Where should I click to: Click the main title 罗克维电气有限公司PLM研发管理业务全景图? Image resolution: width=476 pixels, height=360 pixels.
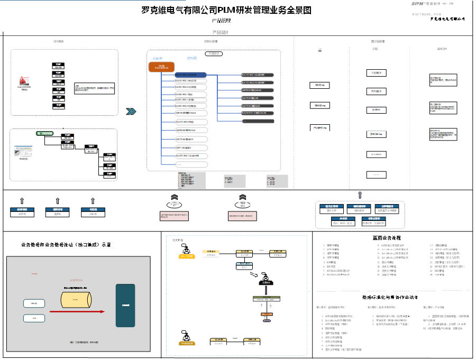(226, 10)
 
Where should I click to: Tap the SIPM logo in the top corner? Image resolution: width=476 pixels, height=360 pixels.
(421, 3)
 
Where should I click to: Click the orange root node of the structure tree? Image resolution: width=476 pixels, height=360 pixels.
(161, 67)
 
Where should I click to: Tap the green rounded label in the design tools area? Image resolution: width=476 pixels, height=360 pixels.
(45, 133)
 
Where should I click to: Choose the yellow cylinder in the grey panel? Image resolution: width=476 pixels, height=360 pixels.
(81, 298)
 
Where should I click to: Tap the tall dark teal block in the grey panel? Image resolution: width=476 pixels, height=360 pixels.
(125, 305)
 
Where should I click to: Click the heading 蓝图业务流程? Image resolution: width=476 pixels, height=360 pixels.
(387, 238)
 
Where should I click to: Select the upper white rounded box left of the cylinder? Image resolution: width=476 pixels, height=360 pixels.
(33, 303)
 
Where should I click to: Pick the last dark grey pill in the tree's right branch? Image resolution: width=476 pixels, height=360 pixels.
(258, 121)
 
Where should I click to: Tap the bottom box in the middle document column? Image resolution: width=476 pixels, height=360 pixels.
(376, 174)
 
